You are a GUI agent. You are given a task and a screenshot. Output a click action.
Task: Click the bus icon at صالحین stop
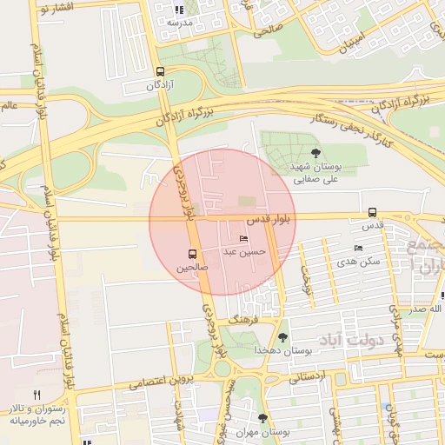click(x=192, y=255)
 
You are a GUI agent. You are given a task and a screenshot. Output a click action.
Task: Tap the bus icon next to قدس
click(x=372, y=212)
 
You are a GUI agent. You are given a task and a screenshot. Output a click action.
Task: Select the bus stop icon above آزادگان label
click(x=159, y=72)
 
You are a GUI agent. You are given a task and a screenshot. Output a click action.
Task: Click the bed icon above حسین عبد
click(x=242, y=239)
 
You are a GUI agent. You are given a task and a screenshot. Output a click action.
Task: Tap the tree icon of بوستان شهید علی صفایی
click(x=315, y=153)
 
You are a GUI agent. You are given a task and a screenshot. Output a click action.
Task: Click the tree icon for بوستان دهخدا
click(x=282, y=337)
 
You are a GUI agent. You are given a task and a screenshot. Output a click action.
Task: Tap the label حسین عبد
click(x=242, y=252)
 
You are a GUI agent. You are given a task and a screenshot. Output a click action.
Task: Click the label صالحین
click(x=193, y=269)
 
